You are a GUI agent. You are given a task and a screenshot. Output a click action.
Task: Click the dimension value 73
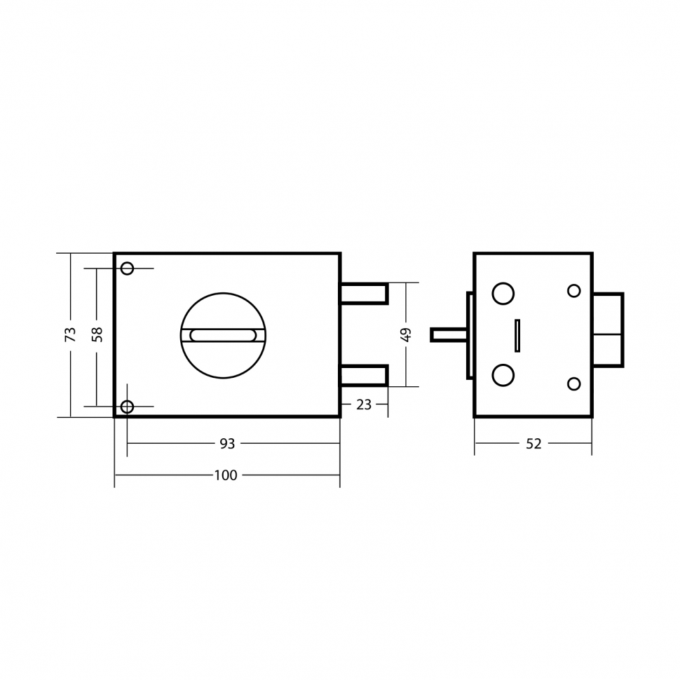[x=70, y=334]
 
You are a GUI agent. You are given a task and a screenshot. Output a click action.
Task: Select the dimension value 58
[x=97, y=334]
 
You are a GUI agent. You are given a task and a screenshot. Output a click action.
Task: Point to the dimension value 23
[x=364, y=404]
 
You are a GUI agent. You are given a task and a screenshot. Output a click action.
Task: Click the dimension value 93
[x=227, y=444]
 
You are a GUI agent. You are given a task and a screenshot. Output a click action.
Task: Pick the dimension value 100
[x=226, y=475]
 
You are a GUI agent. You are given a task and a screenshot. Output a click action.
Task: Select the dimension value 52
[x=534, y=444]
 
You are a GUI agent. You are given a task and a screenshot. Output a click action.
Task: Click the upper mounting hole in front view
[x=127, y=268]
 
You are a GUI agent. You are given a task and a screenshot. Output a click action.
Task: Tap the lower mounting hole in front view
[x=127, y=407]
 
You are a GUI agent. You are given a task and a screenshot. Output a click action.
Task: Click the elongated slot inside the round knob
[x=223, y=335]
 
